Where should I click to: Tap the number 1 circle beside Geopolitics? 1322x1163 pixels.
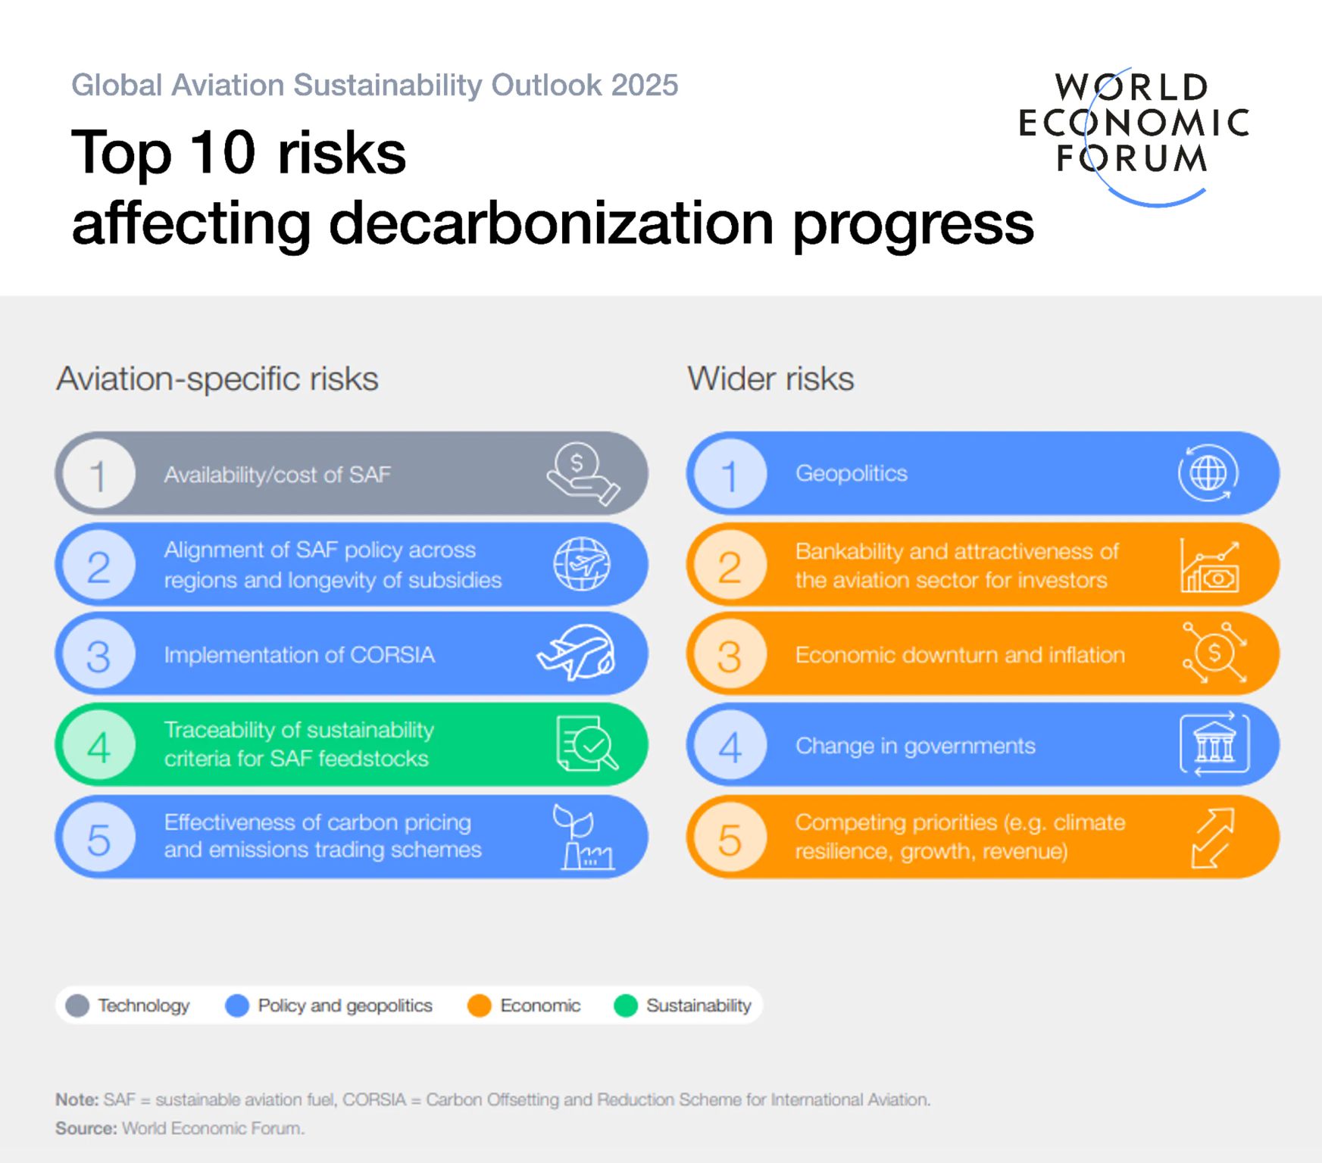point(730,475)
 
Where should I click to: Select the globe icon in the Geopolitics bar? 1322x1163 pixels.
point(1208,473)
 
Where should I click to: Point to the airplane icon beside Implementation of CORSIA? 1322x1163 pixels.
point(577,653)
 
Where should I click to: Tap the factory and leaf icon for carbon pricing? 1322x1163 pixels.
point(583,837)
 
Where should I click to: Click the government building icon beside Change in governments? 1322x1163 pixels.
point(1214,744)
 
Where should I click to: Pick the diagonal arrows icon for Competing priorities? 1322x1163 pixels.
point(1212,837)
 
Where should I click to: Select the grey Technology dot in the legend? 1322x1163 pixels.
point(77,1006)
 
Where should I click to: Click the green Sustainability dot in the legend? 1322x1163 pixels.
point(626,1006)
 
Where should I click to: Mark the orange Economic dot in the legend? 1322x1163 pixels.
point(480,1006)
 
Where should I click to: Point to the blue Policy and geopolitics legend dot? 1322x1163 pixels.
point(237,1006)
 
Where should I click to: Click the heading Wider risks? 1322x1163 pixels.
point(770,379)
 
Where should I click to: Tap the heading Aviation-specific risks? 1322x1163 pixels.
point(217,379)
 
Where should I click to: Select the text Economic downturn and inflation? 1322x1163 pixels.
point(960,655)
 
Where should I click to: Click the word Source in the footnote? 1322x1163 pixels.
point(86,1128)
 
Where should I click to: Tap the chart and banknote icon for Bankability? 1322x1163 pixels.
point(1210,566)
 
